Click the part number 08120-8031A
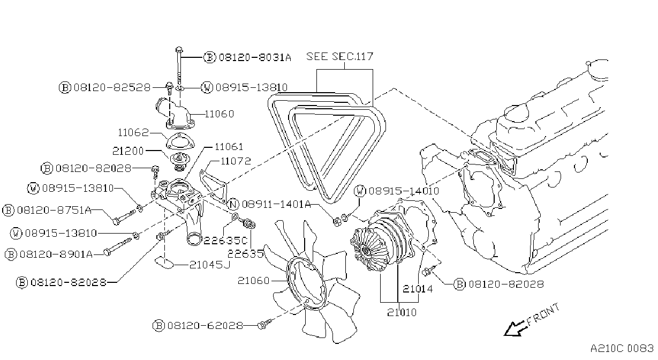(x=255, y=57)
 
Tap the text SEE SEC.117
(x=339, y=56)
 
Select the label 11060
(x=219, y=114)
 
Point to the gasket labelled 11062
(x=180, y=141)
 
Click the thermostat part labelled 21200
(x=180, y=161)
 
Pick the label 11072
(x=236, y=161)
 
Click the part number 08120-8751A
(x=55, y=210)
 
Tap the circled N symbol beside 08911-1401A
(x=233, y=204)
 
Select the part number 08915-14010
(x=404, y=191)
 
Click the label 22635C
(x=225, y=241)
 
